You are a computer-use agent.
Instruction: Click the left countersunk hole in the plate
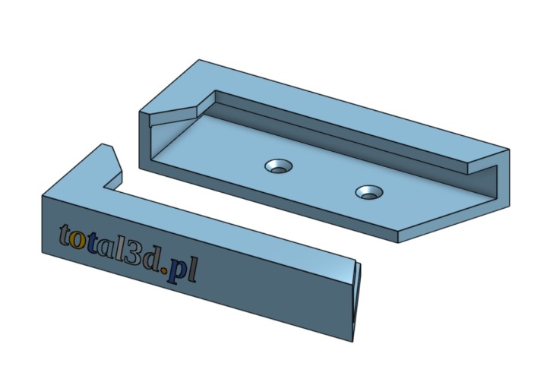(278, 166)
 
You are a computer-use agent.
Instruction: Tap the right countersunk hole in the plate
(369, 192)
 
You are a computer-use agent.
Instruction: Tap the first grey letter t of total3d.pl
(65, 235)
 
